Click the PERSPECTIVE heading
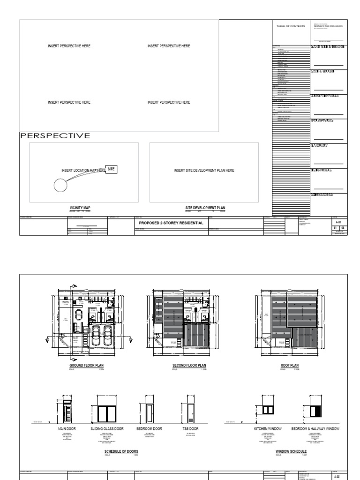(x=55, y=136)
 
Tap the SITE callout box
(x=111, y=169)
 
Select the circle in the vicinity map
(x=60, y=186)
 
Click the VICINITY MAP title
(x=79, y=207)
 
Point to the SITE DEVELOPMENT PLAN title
(x=205, y=207)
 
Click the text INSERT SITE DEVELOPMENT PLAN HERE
(x=204, y=171)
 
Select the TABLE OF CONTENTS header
(x=291, y=26)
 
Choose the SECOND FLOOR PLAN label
(x=189, y=365)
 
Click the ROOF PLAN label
(x=290, y=365)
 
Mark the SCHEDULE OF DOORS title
(x=121, y=451)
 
